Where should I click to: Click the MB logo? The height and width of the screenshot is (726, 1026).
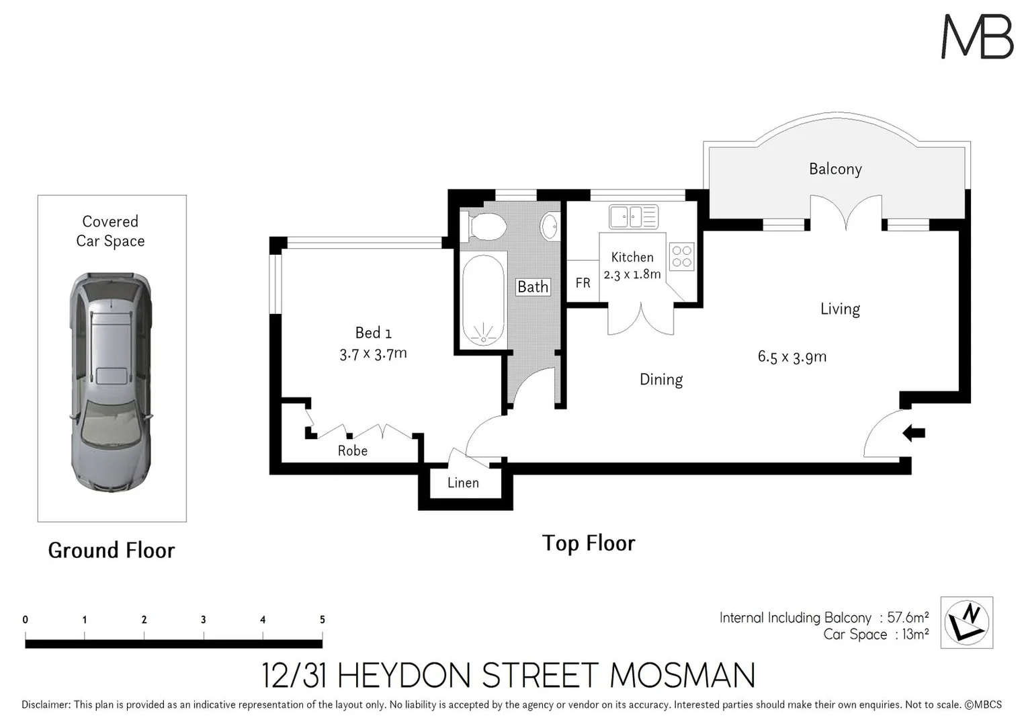(x=978, y=37)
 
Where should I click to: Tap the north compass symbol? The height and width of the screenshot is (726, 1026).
(x=966, y=622)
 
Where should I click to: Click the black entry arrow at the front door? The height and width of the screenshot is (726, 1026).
(x=914, y=433)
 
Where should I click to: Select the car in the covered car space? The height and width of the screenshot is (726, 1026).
(x=111, y=380)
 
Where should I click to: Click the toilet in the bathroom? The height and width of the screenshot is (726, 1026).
(x=486, y=227)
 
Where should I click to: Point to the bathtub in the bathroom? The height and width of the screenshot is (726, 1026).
(x=483, y=300)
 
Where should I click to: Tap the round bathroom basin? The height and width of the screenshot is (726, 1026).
(x=550, y=226)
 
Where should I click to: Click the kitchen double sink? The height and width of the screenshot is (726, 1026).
(x=634, y=217)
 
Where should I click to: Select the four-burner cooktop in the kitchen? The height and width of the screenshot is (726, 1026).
(x=681, y=257)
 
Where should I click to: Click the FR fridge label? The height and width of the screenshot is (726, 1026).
(x=583, y=283)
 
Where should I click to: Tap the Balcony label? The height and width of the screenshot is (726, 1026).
(x=835, y=169)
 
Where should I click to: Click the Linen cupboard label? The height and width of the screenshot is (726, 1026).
(x=463, y=483)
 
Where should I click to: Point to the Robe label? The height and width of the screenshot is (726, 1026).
(x=352, y=450)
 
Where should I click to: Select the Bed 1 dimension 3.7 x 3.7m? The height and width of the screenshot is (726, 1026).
(x=373, y=353)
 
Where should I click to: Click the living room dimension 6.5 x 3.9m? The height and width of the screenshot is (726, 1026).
(x=792, y=356)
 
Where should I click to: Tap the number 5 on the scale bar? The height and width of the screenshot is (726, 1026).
(x=323, y=620)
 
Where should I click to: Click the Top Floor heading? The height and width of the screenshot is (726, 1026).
(x=588, y=543)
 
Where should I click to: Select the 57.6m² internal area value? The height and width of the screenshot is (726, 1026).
(x=908, y=617)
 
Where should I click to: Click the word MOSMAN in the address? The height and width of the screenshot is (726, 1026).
(x=683, y=676)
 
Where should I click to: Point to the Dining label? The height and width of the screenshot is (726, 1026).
(x=660, y=380)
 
